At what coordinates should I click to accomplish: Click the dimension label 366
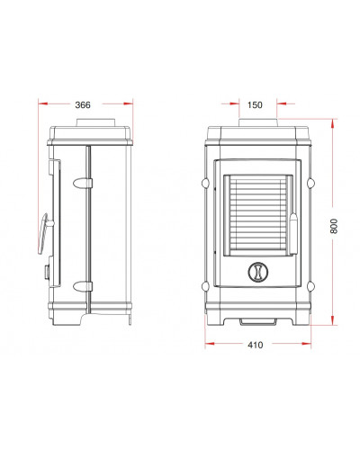(83, 105)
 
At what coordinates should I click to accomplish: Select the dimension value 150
(255, 105)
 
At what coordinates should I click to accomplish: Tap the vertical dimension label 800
(334, 226)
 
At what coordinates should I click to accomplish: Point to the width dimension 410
(255, 345)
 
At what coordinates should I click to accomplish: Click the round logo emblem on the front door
(257, 272)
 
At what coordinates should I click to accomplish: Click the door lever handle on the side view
(44, 233)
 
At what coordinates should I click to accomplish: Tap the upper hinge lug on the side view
(83, 183)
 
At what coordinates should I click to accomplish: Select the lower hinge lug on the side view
(83, 286)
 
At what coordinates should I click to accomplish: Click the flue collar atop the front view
(258, 122)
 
